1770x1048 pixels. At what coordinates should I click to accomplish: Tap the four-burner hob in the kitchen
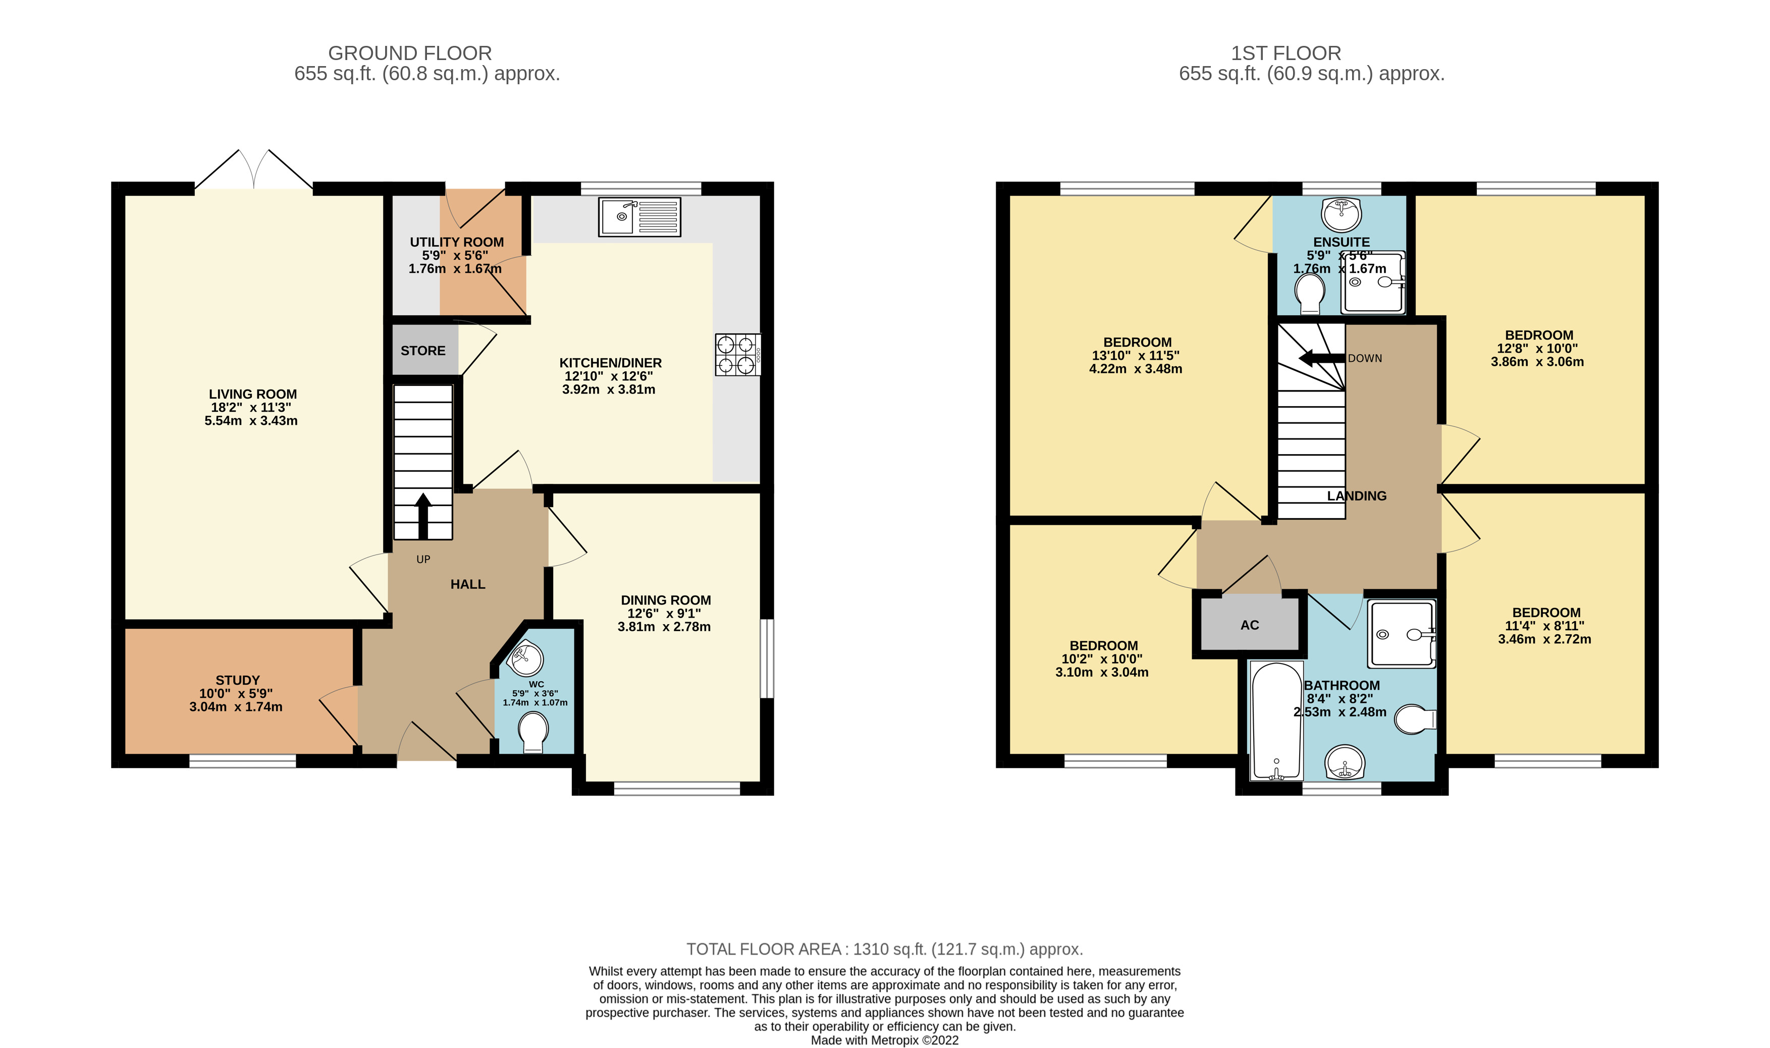click(x=737, y=355)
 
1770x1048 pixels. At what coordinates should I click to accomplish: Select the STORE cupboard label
click(x=423, y=351)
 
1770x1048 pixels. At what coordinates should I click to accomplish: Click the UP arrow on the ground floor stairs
click(x=423, y=516)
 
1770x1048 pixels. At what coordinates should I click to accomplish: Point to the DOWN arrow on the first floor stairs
click(x=1321, y=358)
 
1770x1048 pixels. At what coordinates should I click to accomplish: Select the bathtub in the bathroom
click(x=1276, y=721)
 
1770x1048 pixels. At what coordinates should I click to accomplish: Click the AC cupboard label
click(x=1250, y=625)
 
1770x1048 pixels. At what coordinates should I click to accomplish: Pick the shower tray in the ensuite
click(x=1374, y=283)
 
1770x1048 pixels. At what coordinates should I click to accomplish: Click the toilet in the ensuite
click(x=1310, y=294)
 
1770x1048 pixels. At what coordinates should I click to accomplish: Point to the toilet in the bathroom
click(x=1415, y=720)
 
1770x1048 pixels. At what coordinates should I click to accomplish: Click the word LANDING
click(x=1356, y=496)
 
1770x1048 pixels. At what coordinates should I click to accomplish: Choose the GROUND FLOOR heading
click(x=410, y=53)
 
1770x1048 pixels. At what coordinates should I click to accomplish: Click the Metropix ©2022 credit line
click(x=884, y=1040)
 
